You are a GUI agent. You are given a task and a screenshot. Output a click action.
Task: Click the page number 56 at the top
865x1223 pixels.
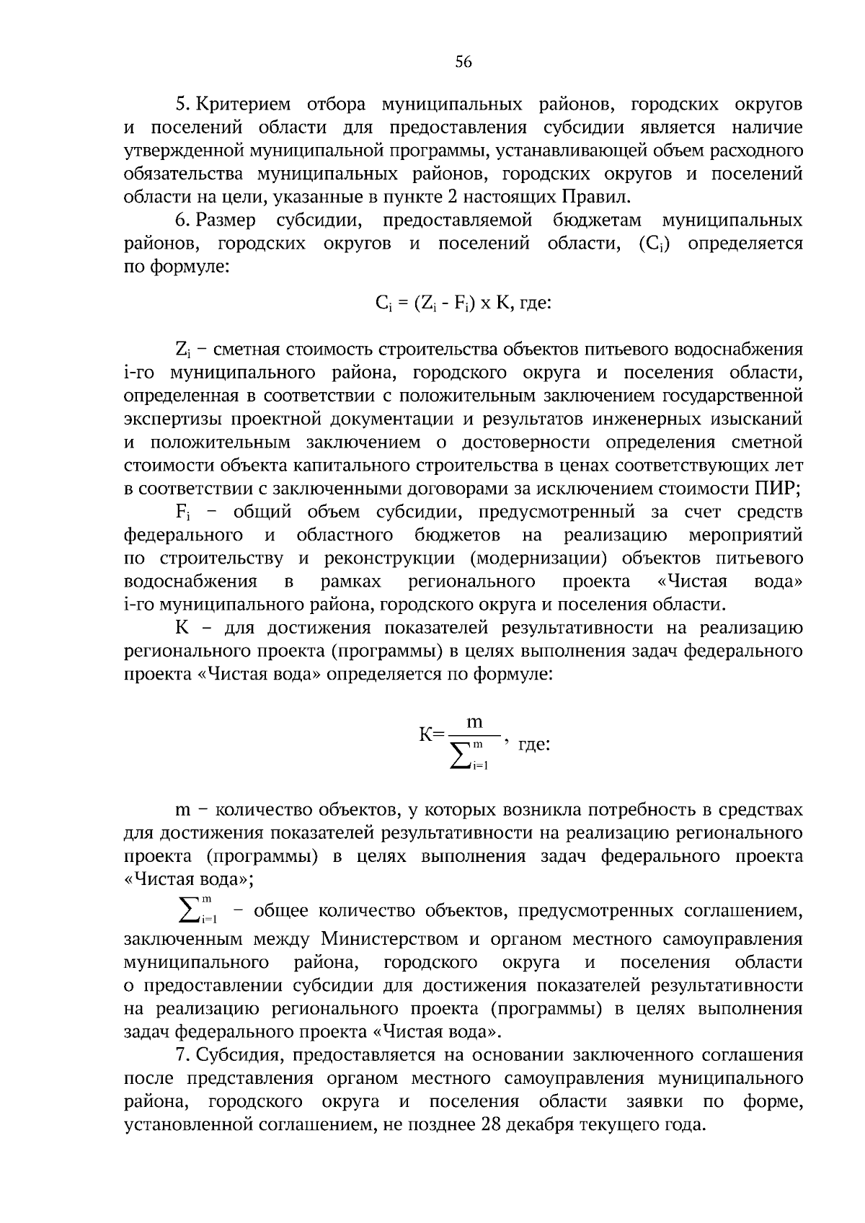coord(463,63)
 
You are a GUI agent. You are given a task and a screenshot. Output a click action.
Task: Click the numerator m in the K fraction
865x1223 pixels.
coord(474,722)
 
